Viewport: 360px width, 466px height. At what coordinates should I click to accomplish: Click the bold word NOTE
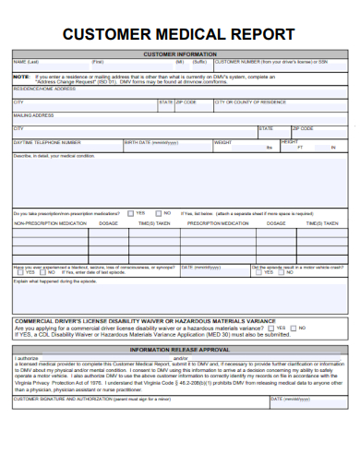coord(20,76)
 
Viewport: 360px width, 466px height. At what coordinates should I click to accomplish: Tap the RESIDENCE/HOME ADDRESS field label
coord(44,89)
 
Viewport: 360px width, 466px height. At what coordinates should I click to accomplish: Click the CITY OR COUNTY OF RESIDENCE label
coord(250,102)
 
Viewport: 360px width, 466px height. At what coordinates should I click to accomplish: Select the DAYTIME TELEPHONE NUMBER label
coord(47,143)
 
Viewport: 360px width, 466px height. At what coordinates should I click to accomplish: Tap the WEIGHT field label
coord(223,143)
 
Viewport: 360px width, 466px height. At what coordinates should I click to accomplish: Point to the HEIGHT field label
coord(290,142)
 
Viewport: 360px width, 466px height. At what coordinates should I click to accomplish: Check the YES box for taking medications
coord(129,212)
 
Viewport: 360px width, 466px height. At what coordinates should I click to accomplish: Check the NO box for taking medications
coord(155,212)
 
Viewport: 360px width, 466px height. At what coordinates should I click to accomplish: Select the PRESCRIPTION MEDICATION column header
coord(222,223)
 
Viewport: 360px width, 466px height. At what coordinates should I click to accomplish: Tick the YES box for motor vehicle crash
coord(257,272)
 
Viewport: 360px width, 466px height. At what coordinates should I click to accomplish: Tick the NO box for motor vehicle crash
coord(282,272)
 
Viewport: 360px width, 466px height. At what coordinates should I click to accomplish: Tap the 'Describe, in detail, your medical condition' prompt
coord(54,156)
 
